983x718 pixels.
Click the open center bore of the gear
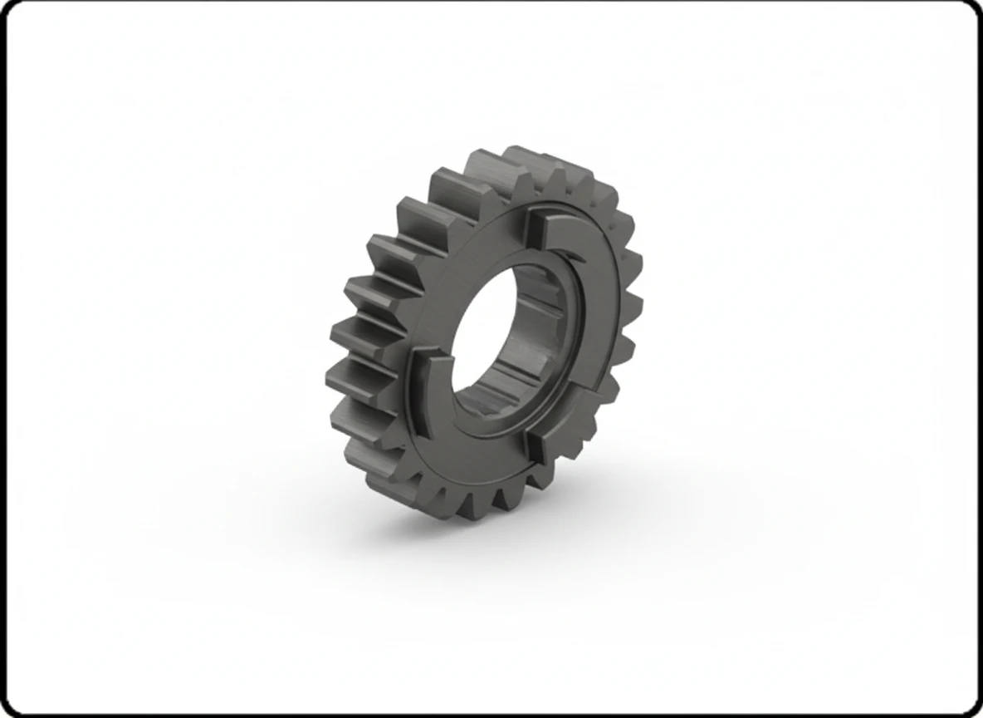pyautogui.click(x=490, y=332)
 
